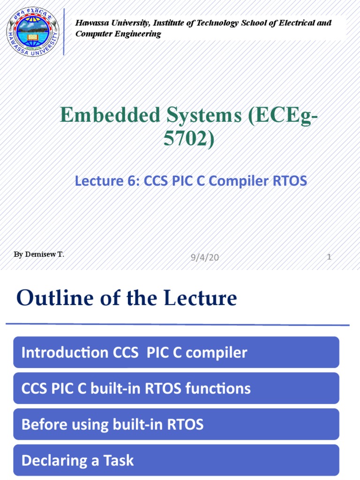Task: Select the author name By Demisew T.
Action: click(39, 255)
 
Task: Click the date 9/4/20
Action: click(205, 257)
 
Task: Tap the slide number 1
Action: click(329, 257)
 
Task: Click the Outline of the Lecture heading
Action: click(127, 298)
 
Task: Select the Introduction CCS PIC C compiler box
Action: click(176, 352)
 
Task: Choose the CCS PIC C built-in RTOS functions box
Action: click(176, 388)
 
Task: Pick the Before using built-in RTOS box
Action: click(176, 424)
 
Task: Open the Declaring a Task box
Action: click(176, 460)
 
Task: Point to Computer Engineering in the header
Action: click(118, 34)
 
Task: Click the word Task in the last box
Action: click(120, 460)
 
